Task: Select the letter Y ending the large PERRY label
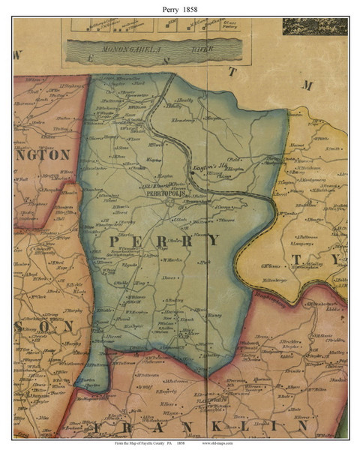[x=214, y=240]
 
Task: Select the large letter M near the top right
[x=307, y=85]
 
